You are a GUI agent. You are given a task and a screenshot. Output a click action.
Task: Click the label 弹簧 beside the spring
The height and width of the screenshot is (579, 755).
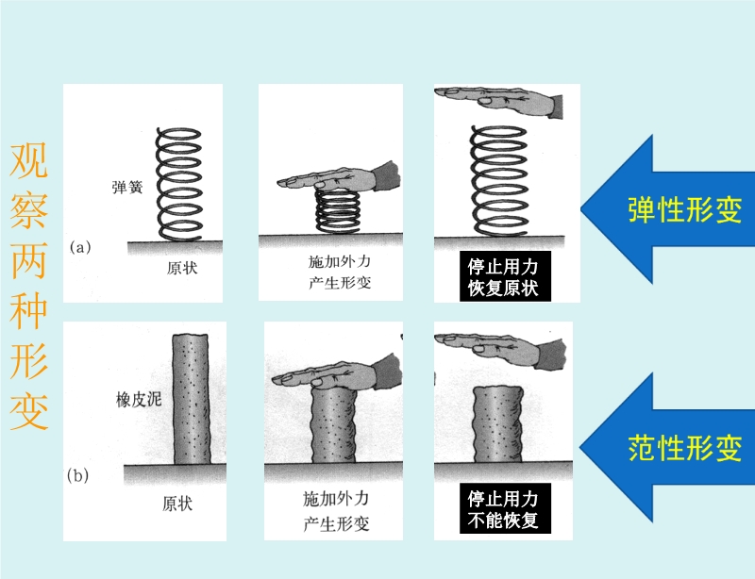click(x=127, y=187)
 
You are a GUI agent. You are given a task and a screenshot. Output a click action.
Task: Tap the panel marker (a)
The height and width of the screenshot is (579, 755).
click(x=80, y=247)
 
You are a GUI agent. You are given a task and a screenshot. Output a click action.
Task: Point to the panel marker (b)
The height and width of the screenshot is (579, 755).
click(x=78, y=475)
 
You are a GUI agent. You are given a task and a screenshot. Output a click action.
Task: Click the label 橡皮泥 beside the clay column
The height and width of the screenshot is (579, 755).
click(x=139, y=400)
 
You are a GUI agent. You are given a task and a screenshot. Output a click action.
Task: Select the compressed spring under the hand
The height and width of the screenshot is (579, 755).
click(x=338, y=211)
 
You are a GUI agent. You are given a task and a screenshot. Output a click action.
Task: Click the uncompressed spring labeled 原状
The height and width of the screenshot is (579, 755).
click(x=178, y=184)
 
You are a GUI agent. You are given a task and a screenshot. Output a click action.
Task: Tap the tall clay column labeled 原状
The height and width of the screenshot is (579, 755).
click(x=192, y=400)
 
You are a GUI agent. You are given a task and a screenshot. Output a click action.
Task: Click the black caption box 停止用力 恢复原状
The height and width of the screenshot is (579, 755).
click(x=505, y=276)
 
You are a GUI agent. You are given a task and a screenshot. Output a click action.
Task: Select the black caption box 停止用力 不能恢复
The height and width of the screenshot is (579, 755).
click(x=505, y=508)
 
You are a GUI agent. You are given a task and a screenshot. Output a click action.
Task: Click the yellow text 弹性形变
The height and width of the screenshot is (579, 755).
click(x=684, y=209)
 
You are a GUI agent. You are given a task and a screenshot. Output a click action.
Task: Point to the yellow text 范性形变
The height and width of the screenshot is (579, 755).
click(x=684, y=447)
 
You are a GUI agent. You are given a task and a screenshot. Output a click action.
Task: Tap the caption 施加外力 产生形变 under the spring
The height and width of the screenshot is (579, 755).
click(x=340, y=272)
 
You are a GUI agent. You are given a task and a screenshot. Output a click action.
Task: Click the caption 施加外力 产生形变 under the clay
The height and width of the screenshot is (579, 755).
click(x=336, y=511)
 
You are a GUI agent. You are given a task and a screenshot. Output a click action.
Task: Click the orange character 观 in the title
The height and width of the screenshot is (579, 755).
click(x=29, y=160)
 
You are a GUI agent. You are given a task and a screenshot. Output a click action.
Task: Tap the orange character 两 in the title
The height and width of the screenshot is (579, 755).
click(x=29, y=260)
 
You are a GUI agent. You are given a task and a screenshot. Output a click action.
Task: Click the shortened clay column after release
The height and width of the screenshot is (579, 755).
click(x=498, y=423)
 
